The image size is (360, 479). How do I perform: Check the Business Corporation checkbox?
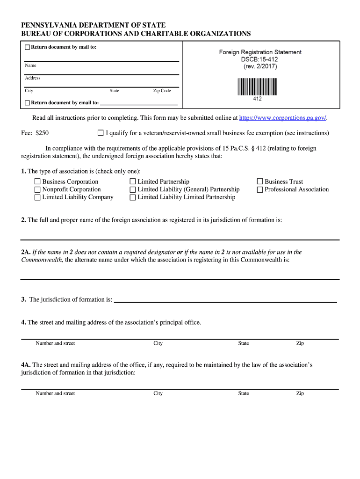point(37,181)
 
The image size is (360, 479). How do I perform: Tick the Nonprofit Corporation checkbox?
point(37,189)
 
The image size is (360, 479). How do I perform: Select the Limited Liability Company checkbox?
point(37,197)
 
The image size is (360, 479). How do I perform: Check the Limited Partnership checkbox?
point(133,181)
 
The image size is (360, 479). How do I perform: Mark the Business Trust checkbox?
point(260,181)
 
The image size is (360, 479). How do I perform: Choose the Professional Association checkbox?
point(260,189)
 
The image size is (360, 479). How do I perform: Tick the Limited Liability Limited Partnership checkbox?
point(133,197)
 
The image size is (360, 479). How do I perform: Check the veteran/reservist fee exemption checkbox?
point(101,133)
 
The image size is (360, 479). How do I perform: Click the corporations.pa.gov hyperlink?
point(282,118)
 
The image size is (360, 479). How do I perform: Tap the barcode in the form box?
point(257,87)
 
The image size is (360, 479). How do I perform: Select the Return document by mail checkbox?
point(27,47)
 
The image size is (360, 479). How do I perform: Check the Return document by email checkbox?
point(27,103)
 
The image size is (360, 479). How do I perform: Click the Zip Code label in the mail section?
point(162,91)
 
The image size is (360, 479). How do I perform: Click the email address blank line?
point(139,103)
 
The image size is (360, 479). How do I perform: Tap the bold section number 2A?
point(26,252)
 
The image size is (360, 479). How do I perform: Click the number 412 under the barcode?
point(257,99)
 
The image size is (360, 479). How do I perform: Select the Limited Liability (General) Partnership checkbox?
point(133,189)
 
